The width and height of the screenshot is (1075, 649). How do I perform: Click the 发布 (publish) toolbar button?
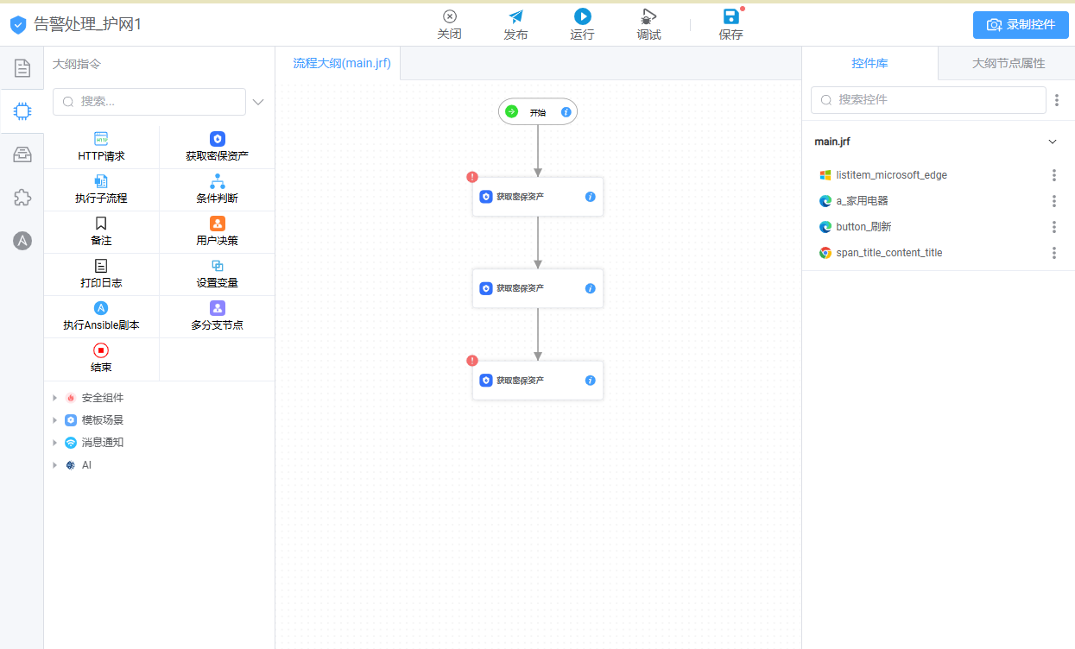515,24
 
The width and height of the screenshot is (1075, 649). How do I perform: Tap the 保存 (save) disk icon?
730,16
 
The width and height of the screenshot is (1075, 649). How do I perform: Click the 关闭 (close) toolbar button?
449,24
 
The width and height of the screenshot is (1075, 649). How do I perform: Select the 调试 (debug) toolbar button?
648,24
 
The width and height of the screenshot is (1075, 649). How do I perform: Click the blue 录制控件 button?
1021,24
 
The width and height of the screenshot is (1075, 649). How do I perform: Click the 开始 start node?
537,112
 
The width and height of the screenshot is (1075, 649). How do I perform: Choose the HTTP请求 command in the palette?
101,147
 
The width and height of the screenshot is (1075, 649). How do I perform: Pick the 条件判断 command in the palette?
217,189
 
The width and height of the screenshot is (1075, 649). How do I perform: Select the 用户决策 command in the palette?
217,231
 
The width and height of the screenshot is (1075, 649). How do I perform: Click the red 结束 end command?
101,358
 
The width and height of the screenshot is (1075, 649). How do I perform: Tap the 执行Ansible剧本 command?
101,316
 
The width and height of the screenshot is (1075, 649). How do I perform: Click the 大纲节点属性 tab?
1009,63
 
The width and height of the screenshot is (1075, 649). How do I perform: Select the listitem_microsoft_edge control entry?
891,175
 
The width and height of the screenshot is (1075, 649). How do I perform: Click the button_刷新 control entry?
863,227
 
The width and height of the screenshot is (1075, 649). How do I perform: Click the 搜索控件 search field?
928,100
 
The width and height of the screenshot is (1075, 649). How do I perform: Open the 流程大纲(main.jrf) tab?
342,63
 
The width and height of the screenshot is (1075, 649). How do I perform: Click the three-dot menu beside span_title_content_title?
1054,253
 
